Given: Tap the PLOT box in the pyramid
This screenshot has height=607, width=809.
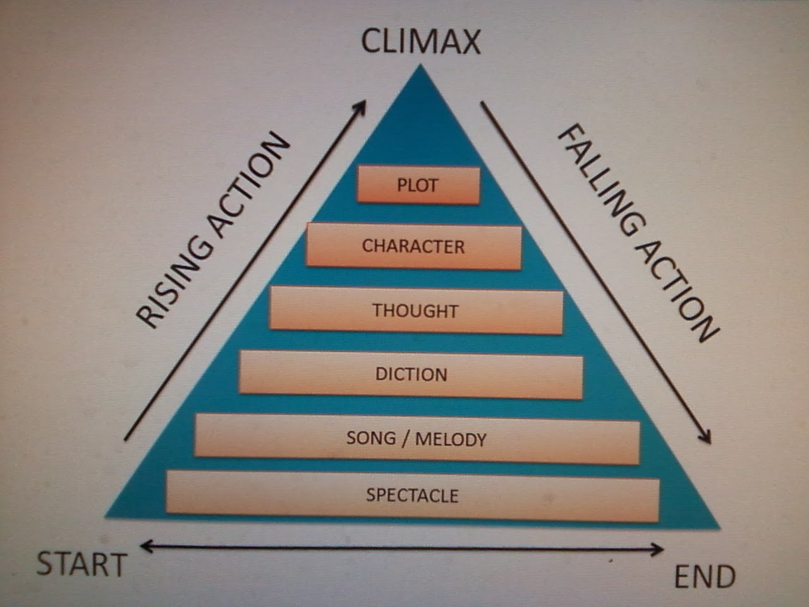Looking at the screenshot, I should coord(418,185).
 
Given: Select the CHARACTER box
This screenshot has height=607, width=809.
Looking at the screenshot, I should coord(413,245).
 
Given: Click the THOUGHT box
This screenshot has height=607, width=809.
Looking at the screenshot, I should coord(415,310).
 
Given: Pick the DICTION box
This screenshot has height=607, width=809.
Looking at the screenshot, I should coord(411,374).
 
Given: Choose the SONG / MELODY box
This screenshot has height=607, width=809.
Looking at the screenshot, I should coord(417,438).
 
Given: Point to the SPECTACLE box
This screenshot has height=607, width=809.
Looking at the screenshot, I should coord(412,494).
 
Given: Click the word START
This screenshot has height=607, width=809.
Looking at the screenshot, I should coord(82,564).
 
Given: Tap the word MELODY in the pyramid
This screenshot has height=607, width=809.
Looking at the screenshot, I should coord(451,438).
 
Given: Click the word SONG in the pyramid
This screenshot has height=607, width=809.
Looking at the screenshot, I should coord(370,437).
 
